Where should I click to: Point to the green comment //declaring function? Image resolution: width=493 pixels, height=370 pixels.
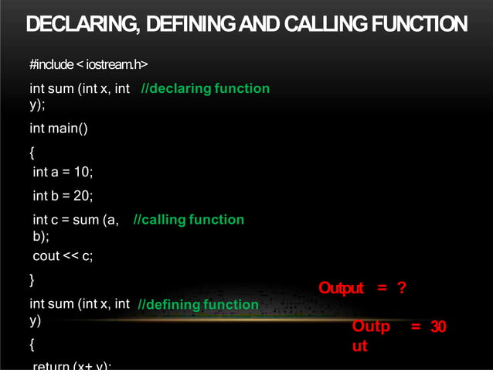[x=206, y=88]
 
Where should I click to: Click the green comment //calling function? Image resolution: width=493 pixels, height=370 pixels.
[x=189, y=220]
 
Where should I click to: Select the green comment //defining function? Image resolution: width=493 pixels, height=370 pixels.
[x=198, y=305]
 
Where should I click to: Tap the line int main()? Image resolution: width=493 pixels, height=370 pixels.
[x=59, y=128]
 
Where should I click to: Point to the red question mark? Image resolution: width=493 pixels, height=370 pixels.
[x=401, y=289]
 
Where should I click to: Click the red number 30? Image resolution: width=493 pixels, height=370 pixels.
[x=438, y=327]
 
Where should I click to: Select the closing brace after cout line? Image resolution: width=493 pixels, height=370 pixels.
[x=32, y=279]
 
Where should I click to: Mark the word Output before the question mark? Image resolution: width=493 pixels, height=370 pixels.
[x=341, y=289]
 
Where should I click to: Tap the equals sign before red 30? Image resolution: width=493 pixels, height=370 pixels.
[x=416, y=327]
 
